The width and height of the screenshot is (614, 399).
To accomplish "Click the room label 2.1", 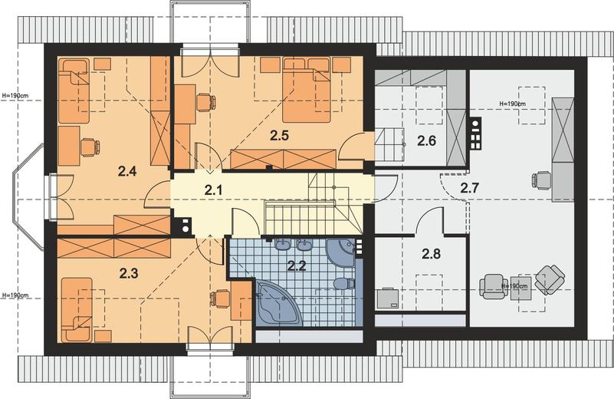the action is [x=213, y=190].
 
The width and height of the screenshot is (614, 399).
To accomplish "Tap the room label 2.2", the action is [x=297, y=266].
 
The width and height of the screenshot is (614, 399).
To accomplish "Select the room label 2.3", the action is [x=129, y=273].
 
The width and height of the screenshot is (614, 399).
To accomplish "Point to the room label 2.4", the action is [x=127, y=171].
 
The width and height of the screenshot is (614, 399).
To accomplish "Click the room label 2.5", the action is [x=279, y=136].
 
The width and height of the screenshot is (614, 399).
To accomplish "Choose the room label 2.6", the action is [x=426, y=140].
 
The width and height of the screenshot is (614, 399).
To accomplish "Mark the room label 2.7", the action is [x=469, y=188].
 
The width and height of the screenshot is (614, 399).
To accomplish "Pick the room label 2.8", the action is [x=431, y=254].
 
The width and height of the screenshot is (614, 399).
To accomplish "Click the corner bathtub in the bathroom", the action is [x=279, y=302].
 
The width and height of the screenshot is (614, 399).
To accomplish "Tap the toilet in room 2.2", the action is [x=344, y=283].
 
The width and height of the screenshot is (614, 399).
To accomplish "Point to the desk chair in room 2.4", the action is [x=90, y=147].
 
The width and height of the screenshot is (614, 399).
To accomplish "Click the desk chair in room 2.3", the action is [x=220, y=298].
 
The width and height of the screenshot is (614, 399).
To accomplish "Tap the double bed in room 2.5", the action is [x=307, y=90].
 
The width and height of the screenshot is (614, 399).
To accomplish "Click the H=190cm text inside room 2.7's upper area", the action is [x=513, y=104].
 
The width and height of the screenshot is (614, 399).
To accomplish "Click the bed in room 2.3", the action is [x=77, y=310].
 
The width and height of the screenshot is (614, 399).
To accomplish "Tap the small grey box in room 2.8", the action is [x=388, y=298].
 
